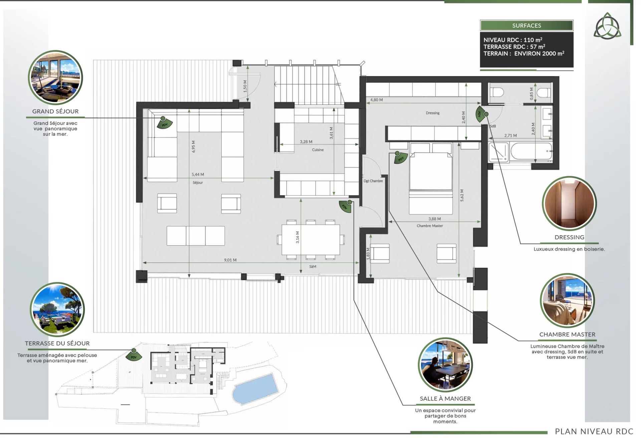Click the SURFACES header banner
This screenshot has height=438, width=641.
click(x=526, y=25)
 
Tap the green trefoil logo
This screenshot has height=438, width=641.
click(x=607, y=26)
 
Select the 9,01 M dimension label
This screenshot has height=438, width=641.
click(x=230, y=260)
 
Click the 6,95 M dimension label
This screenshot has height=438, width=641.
click(x=193, y=146)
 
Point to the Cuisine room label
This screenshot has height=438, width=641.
click(x=318, y=150)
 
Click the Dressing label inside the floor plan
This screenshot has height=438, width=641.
click(x=433, y=113)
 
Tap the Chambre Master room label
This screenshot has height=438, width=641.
click(x=430, y=226)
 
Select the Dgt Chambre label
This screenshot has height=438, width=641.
click(x=373, y=181)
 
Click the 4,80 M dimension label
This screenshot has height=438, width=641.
click(x=377, y=100)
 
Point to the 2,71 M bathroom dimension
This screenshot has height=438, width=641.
click(x=510, y=135)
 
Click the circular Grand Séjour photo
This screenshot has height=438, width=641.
click(x=55, y=77)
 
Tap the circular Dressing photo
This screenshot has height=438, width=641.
click(x=569, y=203)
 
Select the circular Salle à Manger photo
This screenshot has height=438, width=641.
click(x=445, y=365)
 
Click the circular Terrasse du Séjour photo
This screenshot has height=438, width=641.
click(x=57, y=309)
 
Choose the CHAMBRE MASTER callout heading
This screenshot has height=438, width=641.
click(x=567, y=334)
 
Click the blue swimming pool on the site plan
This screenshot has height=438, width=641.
click(x=255, y=388)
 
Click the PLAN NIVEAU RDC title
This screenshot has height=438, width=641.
click(x=594, y=431)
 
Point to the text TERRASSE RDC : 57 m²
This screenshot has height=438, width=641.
click(x=514, y=47)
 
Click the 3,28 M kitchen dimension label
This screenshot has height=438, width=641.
click(x=306, y=142)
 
